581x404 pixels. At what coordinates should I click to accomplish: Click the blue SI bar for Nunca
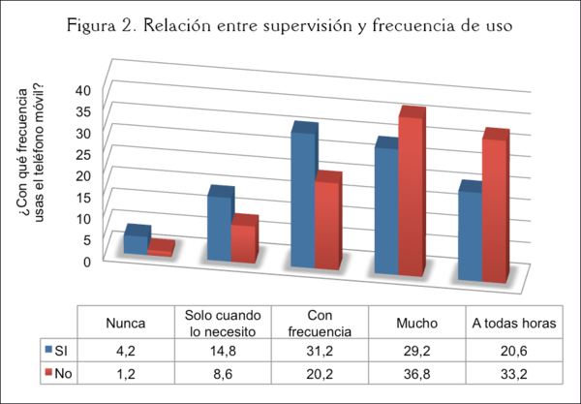135,242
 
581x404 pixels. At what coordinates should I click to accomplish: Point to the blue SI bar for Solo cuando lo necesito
218,228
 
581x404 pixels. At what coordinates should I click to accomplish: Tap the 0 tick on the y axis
85,261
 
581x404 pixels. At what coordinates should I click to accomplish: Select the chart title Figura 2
290,26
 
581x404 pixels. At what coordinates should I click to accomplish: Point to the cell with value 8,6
223,372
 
